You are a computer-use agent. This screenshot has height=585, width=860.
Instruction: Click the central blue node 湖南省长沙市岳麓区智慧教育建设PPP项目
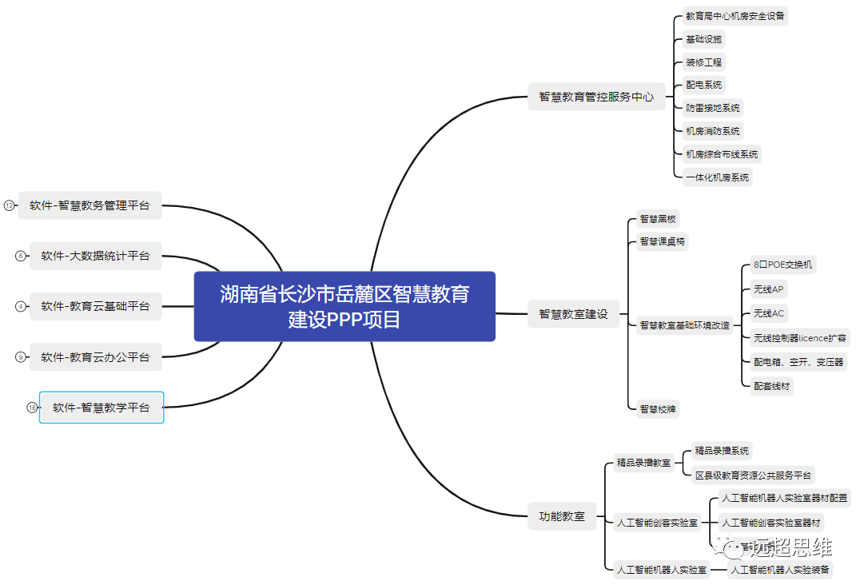(344, 306)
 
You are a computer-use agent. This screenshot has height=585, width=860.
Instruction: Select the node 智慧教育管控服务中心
(595, 97)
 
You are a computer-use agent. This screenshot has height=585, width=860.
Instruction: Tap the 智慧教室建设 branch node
(573, 314)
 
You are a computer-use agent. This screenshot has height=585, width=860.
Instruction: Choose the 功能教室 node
(562, 516)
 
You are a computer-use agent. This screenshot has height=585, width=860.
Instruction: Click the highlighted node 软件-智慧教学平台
(102, 408)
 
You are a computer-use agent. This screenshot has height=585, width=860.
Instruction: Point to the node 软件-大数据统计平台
(95, 257)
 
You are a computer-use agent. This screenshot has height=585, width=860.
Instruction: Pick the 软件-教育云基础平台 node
(95, 306)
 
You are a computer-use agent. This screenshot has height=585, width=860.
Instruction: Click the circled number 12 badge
(10, 205)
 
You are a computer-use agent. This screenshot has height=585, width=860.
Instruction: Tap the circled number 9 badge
(21, 357)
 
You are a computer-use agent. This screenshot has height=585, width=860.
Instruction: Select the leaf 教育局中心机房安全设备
(735, 15)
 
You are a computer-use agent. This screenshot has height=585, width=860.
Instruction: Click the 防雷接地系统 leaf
(712, 108)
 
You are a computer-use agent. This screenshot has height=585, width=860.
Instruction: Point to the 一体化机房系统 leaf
(717, 177)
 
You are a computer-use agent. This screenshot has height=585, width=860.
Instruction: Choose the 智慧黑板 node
(658, 218)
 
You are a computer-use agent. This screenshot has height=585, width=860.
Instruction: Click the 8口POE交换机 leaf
(782, 265)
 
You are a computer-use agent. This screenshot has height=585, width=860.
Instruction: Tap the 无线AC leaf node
(768, 313)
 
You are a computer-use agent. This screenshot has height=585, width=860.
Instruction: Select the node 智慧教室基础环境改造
(684, 325)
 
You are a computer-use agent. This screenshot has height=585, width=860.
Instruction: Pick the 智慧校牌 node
(658, 409)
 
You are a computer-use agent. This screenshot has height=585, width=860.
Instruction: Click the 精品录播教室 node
(643, 463)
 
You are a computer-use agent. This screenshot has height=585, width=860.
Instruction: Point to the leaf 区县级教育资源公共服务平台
(753, 476)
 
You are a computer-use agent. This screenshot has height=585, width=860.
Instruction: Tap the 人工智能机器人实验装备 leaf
(780, 570)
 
